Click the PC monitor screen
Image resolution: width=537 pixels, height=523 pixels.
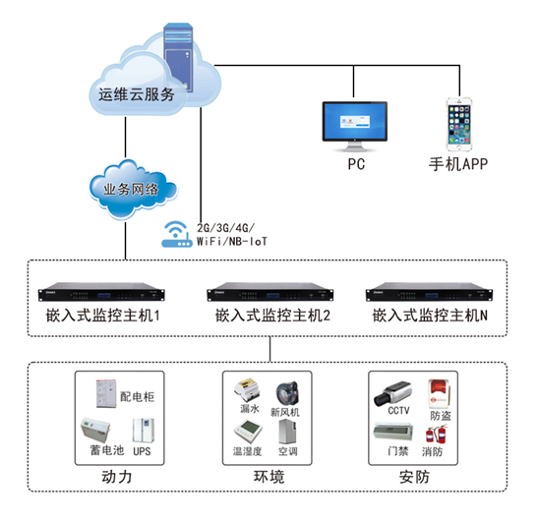(x=355, y=121)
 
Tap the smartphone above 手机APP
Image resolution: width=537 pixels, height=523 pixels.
(x=459, y=124)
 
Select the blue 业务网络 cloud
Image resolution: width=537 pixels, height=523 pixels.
(x=133, y=189)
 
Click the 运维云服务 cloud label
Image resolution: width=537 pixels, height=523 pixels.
(x=137, y=94)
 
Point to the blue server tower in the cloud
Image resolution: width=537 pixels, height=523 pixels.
(x=178, y=57)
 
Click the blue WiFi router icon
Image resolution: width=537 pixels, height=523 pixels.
(x=176, y=234)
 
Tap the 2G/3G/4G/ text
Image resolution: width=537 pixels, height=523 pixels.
(x=225, y=228)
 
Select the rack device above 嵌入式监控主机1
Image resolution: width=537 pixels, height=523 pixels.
(x=101, y=292)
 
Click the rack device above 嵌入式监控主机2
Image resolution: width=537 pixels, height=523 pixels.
(x=270, y=292)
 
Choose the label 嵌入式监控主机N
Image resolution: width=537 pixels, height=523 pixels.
(x=430, y=316)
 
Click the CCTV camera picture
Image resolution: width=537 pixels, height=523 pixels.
(x=392, y=393)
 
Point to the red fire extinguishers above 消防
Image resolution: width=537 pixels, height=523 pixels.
(x=437, y=434)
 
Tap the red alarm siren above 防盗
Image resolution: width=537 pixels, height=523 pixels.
(x=439, y=393)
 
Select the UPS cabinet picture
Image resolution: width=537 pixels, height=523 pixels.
(x=144, y=431)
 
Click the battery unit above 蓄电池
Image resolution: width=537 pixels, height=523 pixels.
(x=95, y=430)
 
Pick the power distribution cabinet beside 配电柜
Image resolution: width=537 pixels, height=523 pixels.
(x=106, y=393)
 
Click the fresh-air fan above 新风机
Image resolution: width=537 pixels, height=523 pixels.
(x=287, y=393)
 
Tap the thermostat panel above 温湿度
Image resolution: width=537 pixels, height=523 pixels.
(x=248, y=432)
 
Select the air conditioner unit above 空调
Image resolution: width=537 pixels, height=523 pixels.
(x=287, y=432)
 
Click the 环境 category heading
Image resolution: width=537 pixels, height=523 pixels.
(x=268, y=477)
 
